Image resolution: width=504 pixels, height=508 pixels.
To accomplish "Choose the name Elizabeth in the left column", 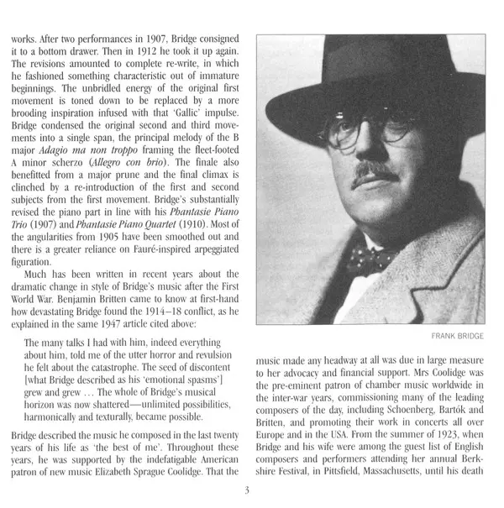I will [132, 479].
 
